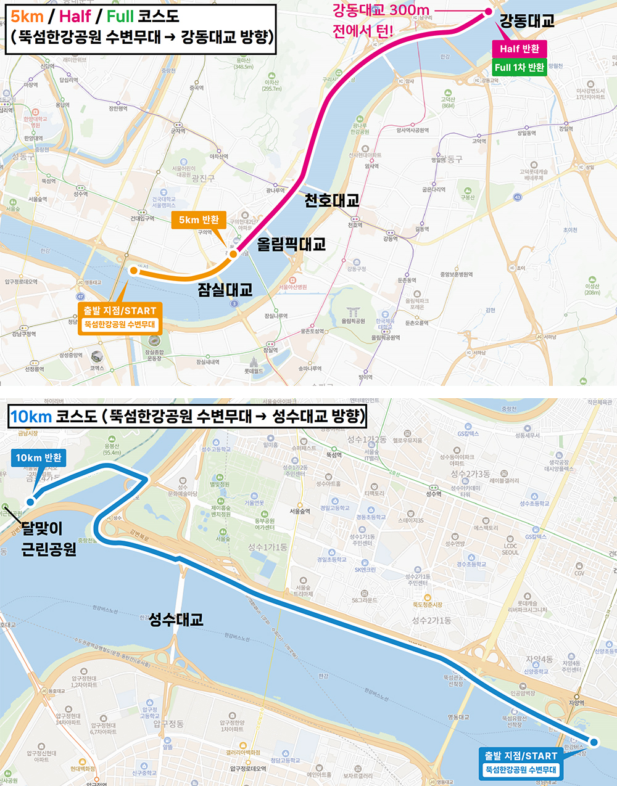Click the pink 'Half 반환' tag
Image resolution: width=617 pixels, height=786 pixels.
(519, 49)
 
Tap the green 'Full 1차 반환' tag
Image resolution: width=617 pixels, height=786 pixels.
(520, 67)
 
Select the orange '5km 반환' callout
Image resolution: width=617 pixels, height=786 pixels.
(199, 220)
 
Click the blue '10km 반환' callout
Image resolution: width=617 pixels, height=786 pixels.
(38, 457)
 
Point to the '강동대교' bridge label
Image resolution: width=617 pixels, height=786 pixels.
(526, 21)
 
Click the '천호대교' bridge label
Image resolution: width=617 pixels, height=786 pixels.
(331, 200)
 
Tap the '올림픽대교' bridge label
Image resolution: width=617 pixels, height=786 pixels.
(291, 244)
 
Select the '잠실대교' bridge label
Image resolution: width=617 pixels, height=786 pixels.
(225, 290)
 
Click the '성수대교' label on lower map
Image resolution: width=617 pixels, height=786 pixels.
(176, 620)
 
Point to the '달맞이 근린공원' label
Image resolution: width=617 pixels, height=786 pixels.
(48, 538)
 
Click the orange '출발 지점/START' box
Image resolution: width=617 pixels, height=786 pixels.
(120, 317)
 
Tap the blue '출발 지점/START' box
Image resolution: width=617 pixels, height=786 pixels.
(521, 763)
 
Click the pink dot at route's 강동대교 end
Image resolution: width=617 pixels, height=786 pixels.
(489, 12)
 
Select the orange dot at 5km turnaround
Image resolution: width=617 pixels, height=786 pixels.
(233, 254)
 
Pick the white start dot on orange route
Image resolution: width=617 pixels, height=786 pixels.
(133, 270)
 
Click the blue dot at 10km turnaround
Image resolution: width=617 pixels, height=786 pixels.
(30, 502)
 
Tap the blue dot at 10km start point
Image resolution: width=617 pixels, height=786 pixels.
(594, 742)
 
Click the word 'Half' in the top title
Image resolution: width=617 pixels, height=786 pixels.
(75, 16)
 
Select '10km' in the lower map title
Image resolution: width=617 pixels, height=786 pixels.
(31, 417)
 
